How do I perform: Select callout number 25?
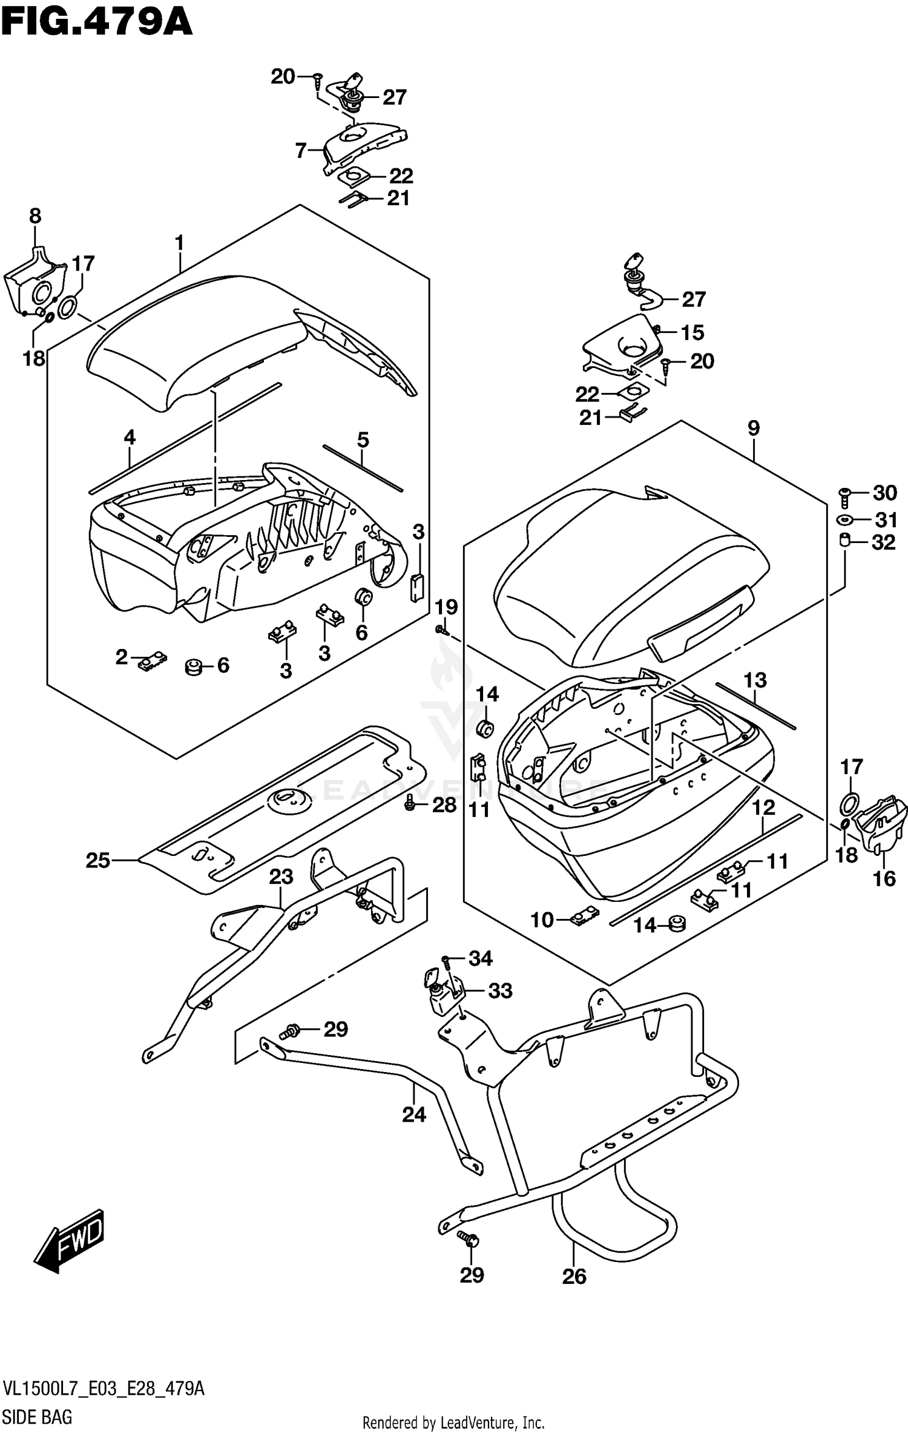(x=98, y=860)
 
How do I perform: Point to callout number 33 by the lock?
(x=500, y=991)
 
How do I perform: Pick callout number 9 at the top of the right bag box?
(x=753, y=429)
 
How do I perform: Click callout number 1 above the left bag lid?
(x=179, y=243)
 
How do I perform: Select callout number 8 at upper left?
(x=35, y=215)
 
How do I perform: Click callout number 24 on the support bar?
(x=414, y=1114)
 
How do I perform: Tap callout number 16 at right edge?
(x=884, y=878)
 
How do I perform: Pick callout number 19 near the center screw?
(x=447, y=607)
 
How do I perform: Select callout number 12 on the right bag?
(x=764, y=807)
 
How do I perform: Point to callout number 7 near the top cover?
(x=301, y=150)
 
